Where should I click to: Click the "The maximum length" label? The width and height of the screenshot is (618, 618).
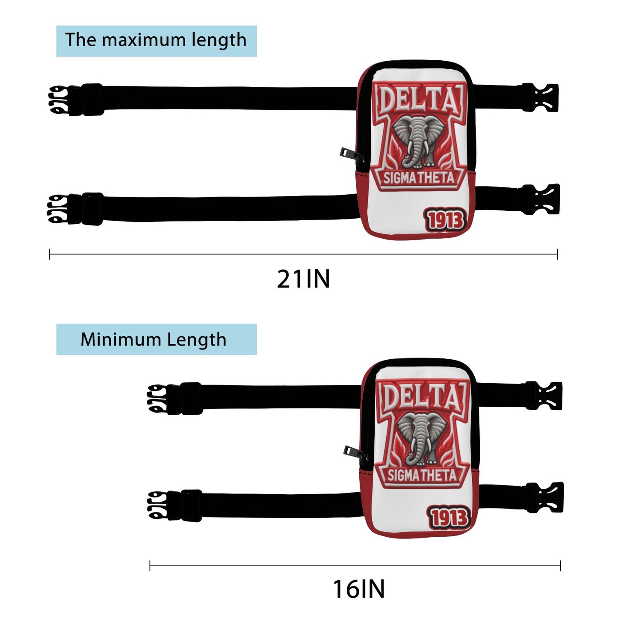pyautogui.click(x=156, y=40)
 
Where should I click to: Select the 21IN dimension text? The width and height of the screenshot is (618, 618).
pyautogui.click(x=303, y=279)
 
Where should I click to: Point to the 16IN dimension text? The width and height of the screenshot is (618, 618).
pyautogui.click(x=359, y=589)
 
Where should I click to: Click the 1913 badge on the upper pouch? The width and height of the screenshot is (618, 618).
pyautogui.click(x=445, y=220)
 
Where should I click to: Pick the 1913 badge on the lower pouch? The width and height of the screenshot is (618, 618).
pyautogui.click(x=449, y=518)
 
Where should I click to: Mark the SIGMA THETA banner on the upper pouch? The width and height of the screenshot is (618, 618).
pyautogui.click(x=419, y=178)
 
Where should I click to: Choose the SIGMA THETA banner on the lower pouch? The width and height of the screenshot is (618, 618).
pyautogui.click(x=423, y=476)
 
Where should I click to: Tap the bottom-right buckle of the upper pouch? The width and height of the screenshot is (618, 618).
pyautogui.click(x=541, y=199)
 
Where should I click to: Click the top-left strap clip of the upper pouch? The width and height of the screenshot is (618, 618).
pyautogui.click(x=75, y=100)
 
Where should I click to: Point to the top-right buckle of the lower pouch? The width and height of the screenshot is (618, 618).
pyautogui.click(x=544, y=396)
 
